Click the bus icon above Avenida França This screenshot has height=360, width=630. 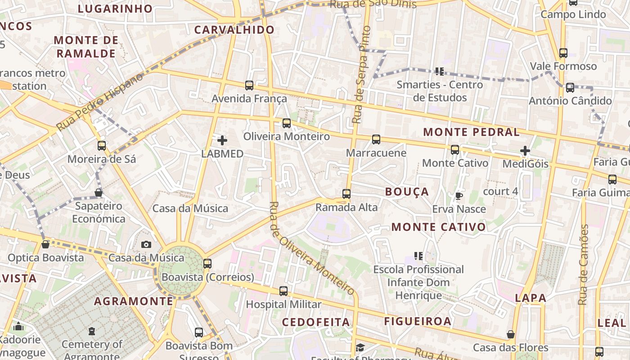249,85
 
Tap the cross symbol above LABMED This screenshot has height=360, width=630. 222,140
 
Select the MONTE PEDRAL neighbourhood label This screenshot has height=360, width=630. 471,132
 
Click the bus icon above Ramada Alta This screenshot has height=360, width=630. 346,194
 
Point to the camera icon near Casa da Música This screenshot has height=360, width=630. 146,244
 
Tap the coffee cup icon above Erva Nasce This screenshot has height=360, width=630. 459,196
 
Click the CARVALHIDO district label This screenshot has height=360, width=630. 234,30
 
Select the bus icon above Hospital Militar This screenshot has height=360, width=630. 283,291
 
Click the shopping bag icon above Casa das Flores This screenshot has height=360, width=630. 510,334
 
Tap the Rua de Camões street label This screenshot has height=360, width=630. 584,265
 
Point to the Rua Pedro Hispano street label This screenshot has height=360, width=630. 100,102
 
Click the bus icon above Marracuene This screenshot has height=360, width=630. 376,139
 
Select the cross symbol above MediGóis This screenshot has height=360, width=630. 525,151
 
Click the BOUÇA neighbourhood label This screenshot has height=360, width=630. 407,192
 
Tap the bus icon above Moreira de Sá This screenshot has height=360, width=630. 102,145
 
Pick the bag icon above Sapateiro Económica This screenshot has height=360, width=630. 99,193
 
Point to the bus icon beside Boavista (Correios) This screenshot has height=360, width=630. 207,263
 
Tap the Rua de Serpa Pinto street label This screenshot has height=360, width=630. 362,75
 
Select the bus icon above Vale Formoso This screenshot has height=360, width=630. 563,53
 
